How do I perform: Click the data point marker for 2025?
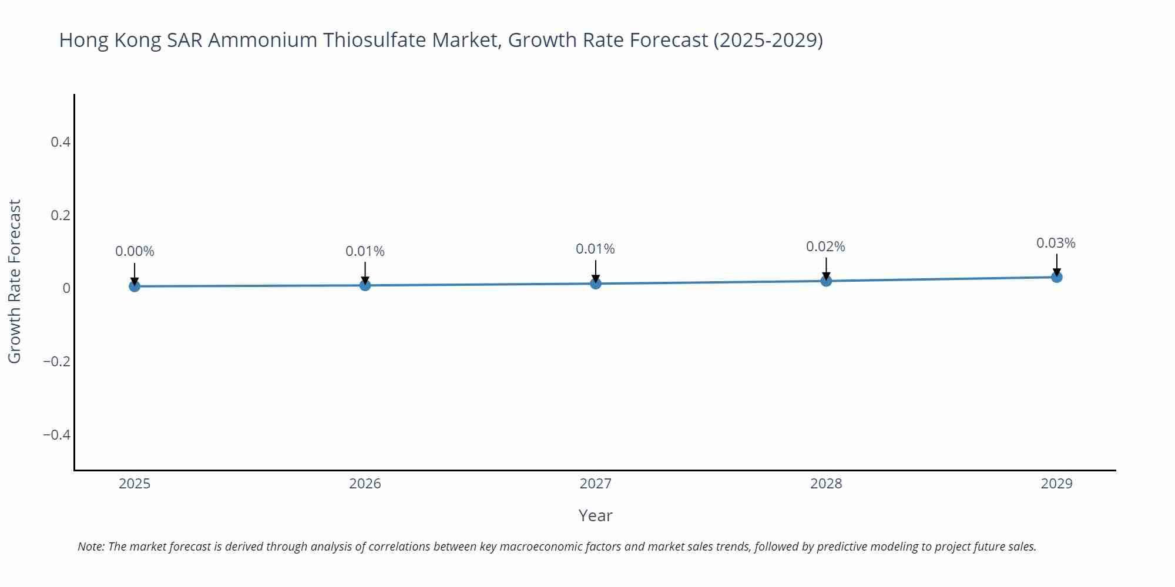point(135,286)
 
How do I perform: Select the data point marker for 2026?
point(365,285)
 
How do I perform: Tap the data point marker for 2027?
point(596,284)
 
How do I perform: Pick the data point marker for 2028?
point(826,281)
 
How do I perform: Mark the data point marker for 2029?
point(1056,277)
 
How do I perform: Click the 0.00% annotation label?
point(135,251)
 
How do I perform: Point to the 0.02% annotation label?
point(825,247)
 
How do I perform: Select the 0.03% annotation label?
point(1056,243)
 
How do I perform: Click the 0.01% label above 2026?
point(365,251)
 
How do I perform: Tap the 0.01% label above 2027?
point(595,249)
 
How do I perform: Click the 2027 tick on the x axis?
point(596,484)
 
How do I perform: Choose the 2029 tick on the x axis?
point(1056,484)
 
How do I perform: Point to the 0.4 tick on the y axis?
point(61,142)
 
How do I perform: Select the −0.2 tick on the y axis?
point(56,361)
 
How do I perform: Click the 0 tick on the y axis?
point(66,288)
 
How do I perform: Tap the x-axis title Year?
point(595,515)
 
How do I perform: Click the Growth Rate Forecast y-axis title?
point(15,281)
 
